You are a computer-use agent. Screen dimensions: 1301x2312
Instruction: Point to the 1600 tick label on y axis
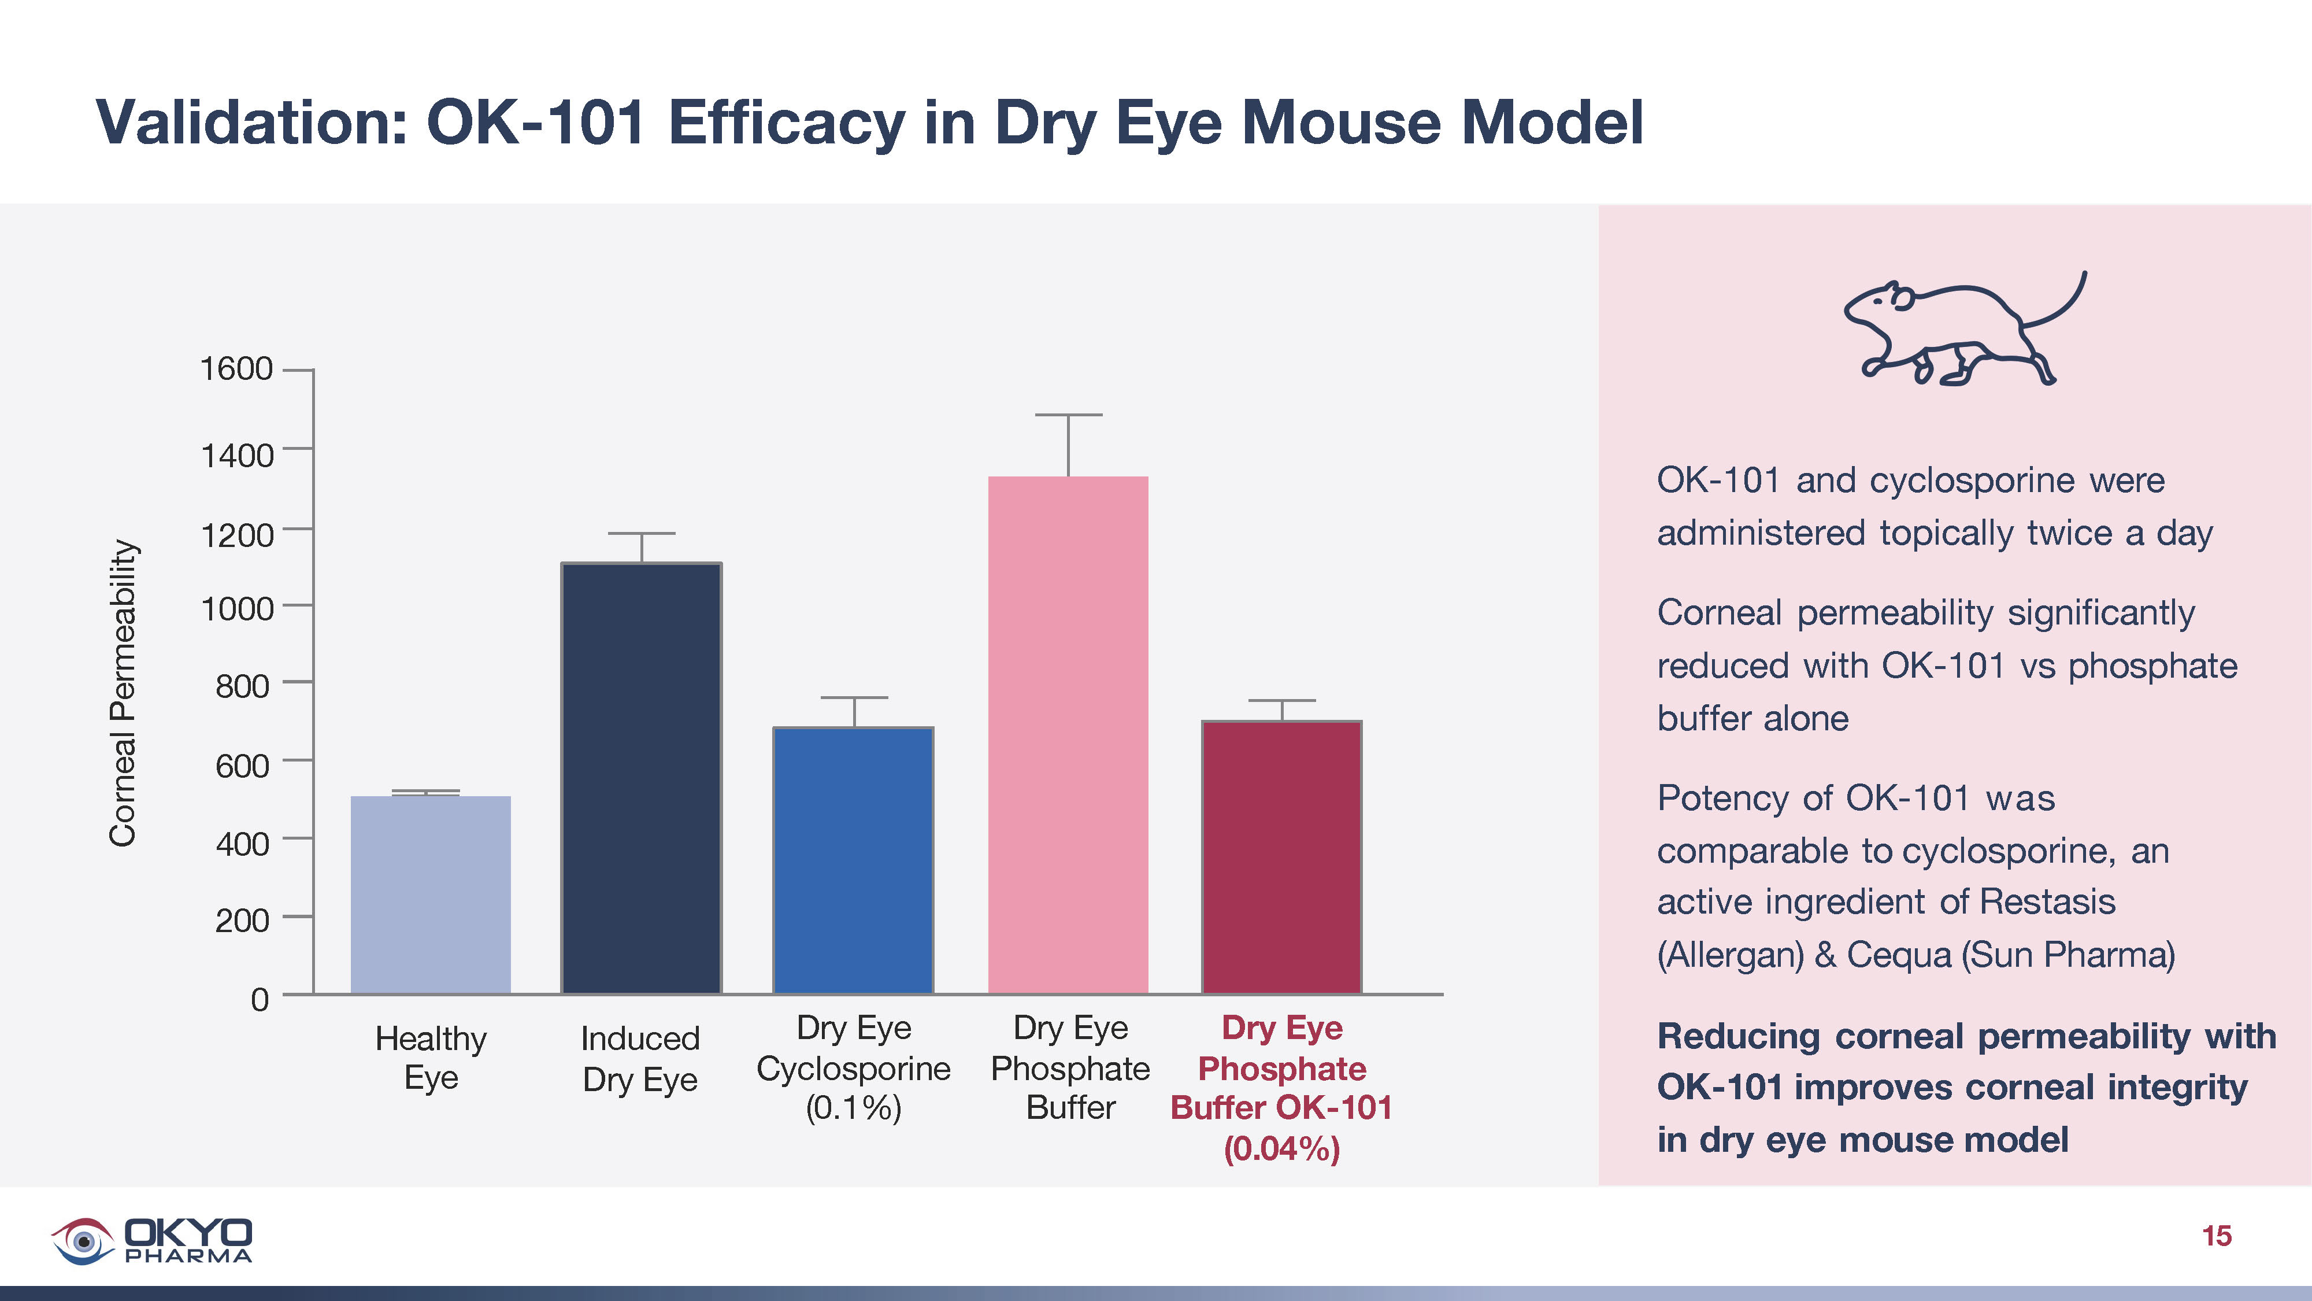(x=236, y=369)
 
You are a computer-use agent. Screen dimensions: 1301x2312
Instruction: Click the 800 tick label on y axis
(x=242, y=686)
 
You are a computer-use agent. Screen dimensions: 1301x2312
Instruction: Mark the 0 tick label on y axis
(x=260, y=999)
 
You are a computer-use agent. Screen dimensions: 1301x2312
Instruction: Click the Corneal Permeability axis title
(x=123, y=693)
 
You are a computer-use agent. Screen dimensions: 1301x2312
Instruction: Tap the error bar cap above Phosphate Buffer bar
(x=1068, y=415)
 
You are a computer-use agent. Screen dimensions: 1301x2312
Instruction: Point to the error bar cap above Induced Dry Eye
(x=641, y=533)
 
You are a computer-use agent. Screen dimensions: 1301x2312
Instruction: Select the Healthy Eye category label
(x=431, y=1058)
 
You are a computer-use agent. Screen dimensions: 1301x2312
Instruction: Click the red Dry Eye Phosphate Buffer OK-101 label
(x=1281, y=1087)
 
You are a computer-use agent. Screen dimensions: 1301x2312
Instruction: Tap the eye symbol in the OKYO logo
(x=83, y=1241)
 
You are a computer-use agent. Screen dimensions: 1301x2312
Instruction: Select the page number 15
(x=2216, y=1236)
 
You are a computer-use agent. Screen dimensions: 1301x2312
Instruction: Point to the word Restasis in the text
(x=2047, y=901)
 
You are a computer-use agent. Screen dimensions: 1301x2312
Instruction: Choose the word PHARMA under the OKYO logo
(x=188, y=1256)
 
